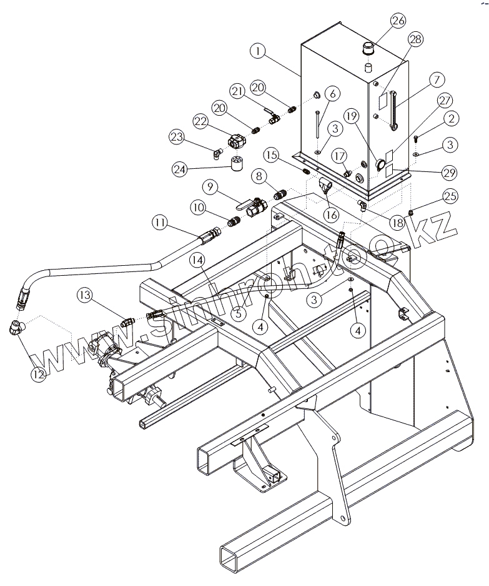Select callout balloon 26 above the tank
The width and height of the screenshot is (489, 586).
[399, 21]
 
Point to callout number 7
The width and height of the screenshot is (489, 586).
[436, 80]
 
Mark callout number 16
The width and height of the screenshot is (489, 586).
[331, 215]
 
